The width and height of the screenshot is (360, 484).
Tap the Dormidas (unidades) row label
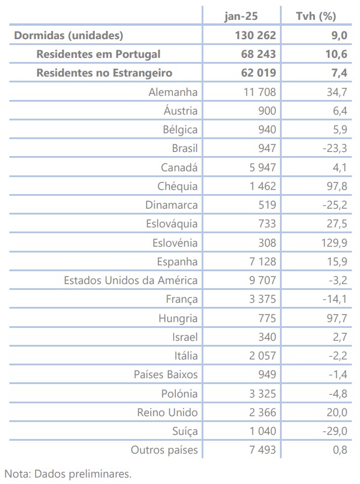pos(68,35)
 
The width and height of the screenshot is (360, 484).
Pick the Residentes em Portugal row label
pos(98,54)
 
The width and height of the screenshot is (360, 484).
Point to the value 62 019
pos(255,73)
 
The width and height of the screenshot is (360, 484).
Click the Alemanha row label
pos(173,92)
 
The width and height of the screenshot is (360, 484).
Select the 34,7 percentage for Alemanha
pos(336,92)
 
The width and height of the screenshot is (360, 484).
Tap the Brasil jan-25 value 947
pos(266,148)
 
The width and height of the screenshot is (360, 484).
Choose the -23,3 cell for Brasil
pos(334,148)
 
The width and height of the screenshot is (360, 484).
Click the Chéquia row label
pos(177,186)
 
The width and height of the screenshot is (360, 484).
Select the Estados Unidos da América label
pos(130,280)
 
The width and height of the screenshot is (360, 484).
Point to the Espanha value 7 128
pos(261,261)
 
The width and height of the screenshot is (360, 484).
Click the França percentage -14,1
pos(334,299)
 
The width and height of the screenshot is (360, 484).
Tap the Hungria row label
pos(178,319)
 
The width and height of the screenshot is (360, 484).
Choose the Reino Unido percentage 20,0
pos(336,412)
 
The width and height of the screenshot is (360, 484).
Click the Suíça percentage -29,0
pos(334,431)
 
